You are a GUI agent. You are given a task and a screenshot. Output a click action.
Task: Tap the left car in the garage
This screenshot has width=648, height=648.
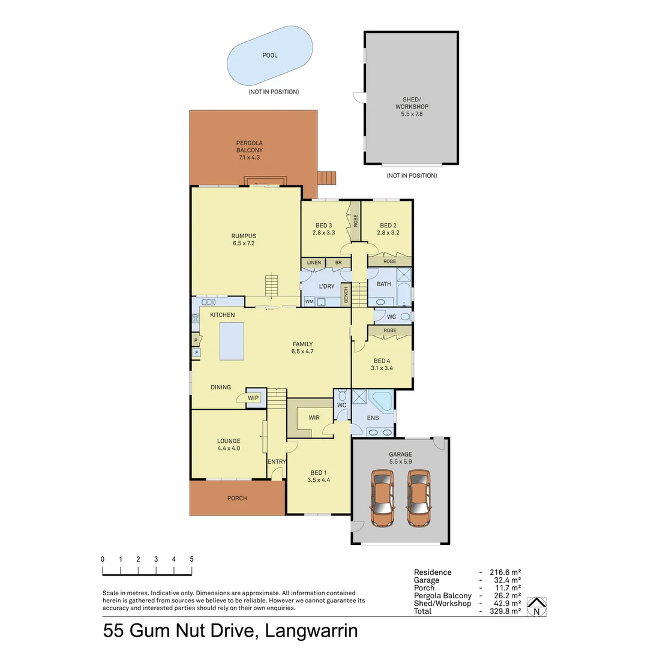(x=382, y=498)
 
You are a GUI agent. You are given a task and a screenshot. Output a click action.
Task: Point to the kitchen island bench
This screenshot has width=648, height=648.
(x=232, y=341)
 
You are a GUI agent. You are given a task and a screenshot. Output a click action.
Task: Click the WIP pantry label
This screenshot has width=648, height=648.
(x=253, y=397)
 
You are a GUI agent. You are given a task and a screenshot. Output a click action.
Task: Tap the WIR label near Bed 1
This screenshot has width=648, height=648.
(x=314, y=418)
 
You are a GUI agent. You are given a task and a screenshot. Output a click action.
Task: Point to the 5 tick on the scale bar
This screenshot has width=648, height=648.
(x=191, y=559)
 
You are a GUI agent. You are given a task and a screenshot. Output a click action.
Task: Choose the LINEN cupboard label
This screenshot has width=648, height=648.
(x=314, y=263)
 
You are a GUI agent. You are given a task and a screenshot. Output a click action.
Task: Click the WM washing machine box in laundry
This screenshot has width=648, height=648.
(x=310, y=301)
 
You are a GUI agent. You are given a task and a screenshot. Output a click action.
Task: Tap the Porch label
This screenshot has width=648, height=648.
(x=237, y=498)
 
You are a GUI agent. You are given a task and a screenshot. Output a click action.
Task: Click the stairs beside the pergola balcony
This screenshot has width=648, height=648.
(x=326, y=178)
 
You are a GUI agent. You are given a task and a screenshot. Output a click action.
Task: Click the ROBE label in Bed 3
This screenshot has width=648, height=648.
(x=355, y=221)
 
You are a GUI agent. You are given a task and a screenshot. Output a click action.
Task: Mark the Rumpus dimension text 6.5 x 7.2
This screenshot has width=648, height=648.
(x=244, y=243)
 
